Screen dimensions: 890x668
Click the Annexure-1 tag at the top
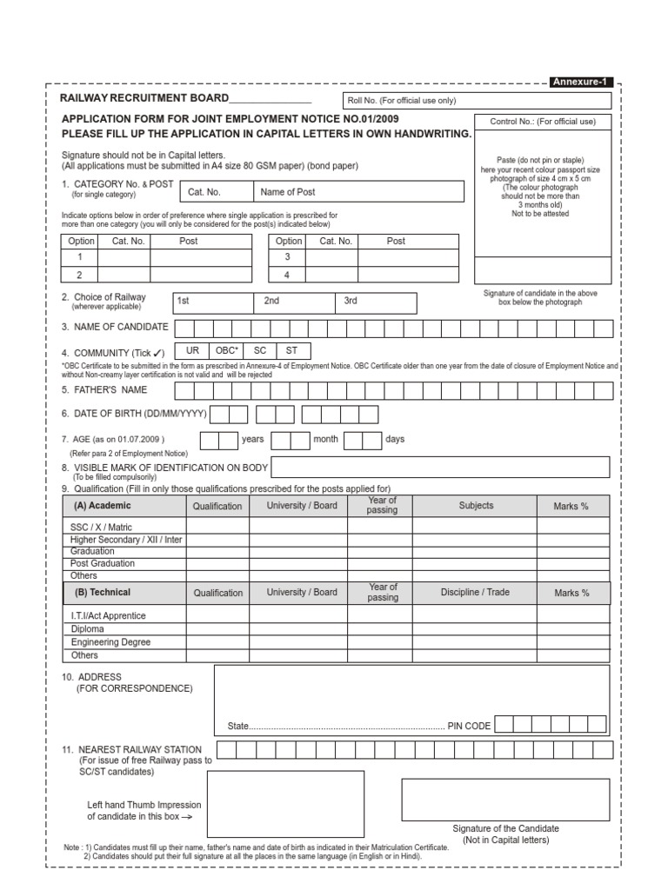coord(581,83)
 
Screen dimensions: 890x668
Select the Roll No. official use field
coord(479,100)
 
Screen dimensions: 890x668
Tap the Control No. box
coord(544,122)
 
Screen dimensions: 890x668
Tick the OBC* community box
coord(226,349)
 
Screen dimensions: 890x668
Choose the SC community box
coord(259,349)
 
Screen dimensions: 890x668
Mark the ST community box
coord(292,349)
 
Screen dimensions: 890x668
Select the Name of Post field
coord(357,191)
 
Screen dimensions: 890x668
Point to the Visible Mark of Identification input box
coord(443,468)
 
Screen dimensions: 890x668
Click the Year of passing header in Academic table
coord(382,505)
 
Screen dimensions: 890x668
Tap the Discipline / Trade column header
coord(474,592)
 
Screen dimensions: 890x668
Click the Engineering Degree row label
coord(110,642)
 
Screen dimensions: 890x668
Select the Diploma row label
coord(88,628)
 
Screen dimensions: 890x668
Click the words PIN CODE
coord(469,726)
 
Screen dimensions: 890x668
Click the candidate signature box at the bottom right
coord(504,800)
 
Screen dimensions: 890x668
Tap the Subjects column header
coord(476,505)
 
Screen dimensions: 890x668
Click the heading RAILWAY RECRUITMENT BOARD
coord(144,98)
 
